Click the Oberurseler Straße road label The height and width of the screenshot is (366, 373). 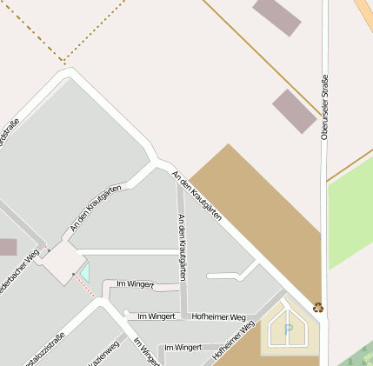[324, 107]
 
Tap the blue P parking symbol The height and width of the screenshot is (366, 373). [288, 330]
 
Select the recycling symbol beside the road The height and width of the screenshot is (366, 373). [318, 306]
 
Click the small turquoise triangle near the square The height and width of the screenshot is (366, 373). [84, 272]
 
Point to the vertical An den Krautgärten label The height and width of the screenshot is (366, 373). [181, 246]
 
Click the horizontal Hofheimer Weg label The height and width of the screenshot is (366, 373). [218, 317]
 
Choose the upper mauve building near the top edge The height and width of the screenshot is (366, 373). [276, 17]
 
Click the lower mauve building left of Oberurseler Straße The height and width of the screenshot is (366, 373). [294, 110]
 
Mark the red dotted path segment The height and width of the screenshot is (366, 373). [84, 288]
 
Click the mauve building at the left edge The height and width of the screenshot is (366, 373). [7, 247]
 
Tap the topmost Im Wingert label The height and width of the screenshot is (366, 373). [135, 284]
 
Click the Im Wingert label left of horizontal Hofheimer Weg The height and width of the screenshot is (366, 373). [157, 316]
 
